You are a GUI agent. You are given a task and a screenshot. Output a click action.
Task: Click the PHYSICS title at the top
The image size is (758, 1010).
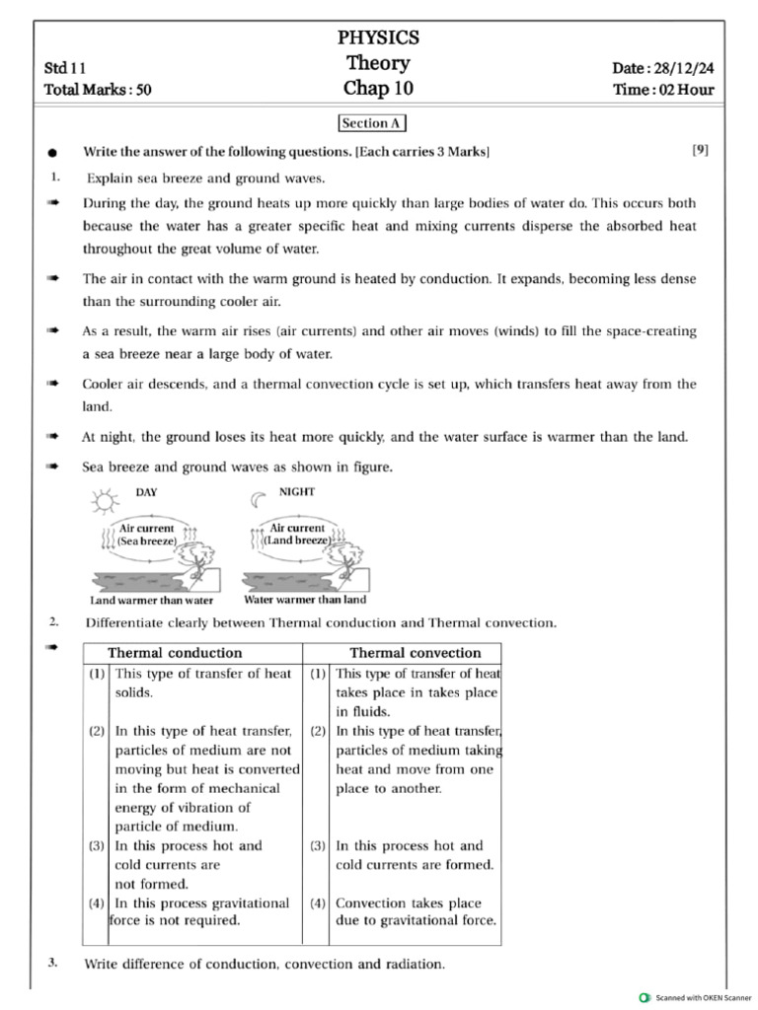pyautogui.click(x=378, y=37)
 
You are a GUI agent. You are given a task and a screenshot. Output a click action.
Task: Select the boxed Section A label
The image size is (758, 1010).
pyautogui.click(x=371, y=123)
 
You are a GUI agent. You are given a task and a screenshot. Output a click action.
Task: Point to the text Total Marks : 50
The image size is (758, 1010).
pyautogui.click(x=98, y=90)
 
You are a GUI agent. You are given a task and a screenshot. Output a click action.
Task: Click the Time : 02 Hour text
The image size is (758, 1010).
pyautogui.click(x=663, y=90)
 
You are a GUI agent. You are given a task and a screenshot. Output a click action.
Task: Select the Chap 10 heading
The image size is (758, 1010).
pyautogui.click(x=378, y=89)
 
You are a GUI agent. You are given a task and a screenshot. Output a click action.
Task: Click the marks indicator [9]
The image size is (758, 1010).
pyautogui.click(x=700, y=150)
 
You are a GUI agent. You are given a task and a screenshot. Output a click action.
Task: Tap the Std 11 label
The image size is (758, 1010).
pyautogui.click(x=65, y=68)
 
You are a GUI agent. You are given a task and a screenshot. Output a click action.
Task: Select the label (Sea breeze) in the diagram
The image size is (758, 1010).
pyautogui.click(x=146, y=541)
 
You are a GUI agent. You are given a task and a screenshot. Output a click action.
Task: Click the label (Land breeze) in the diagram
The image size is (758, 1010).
pyautogui.click(x=297, y=541)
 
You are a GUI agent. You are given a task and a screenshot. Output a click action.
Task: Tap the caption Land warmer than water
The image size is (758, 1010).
pyautogui.click(x=151, y=600)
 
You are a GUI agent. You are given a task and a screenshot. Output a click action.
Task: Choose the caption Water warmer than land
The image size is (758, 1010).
pyautogui.click(x=305, y=599)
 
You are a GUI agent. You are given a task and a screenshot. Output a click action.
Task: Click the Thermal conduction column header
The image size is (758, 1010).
pyautogui.click(x=174, y=653)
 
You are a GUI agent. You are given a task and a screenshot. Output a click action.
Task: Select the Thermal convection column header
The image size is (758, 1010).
pyautogui.click(x=415, y=653)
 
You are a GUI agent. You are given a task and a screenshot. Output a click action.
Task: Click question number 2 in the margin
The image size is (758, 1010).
pyautogui.click(x=53, y=621)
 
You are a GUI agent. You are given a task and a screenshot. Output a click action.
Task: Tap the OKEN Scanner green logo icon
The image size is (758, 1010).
pyautogui.click(x=645, y=998)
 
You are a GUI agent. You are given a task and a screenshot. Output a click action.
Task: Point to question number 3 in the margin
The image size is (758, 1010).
pyautogui.click(x=53, y=962)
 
